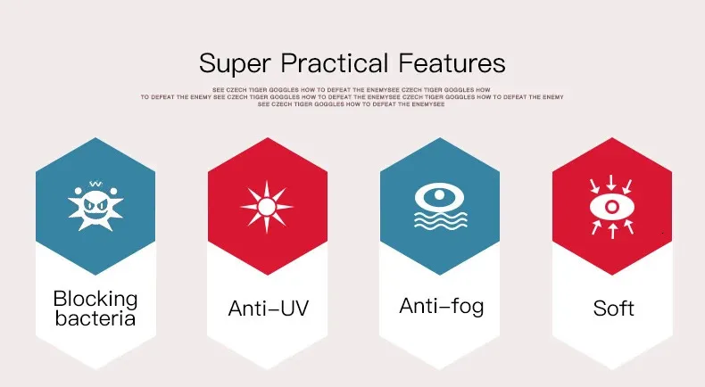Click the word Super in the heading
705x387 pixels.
click(235, 64)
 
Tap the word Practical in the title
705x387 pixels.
click(335, 63)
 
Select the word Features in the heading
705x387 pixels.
click(452, 63)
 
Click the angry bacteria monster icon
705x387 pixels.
click(95, 206)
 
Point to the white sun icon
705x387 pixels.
click(267, 207)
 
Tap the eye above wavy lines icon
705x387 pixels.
click(440, 207)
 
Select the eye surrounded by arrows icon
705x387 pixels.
click(612, 207)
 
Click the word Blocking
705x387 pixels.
click(95, 299)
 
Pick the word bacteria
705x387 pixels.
click(95, 318)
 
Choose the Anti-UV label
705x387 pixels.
click(269, 309)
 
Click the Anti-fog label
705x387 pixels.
click(442, 307)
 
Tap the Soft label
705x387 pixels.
click(613, 309)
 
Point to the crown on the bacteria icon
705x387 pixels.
click(95, 184)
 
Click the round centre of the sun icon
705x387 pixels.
click(267, 207)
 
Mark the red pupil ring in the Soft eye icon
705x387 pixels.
click(612, 207)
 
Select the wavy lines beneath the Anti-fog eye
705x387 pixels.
click(440, 220)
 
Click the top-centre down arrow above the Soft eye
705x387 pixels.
click(611, 182)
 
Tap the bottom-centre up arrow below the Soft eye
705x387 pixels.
click(612, 232)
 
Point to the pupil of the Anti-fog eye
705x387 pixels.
click(439, 195)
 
